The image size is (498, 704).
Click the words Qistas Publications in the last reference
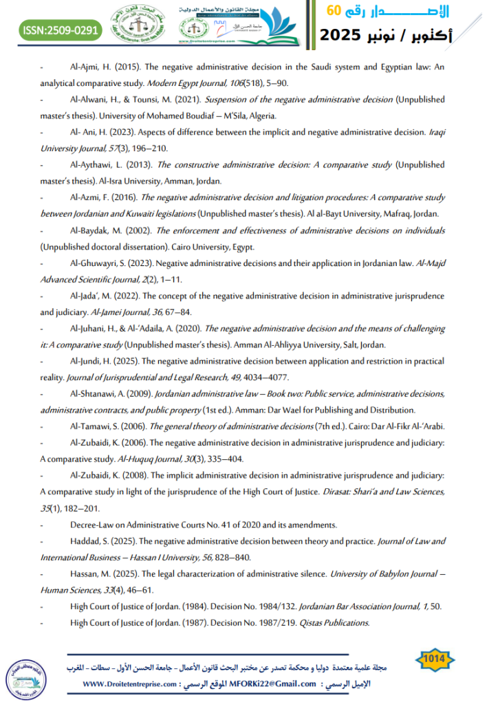click(335, 623)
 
